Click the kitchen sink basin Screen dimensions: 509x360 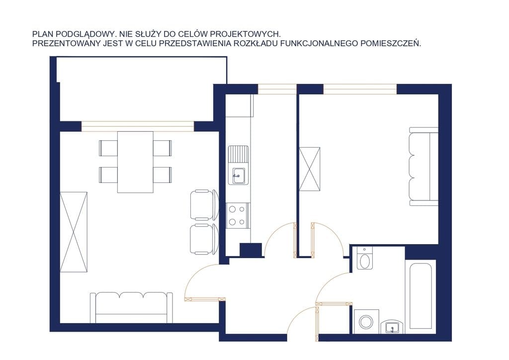coord(238,176)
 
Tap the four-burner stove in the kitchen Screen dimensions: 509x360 coord(237,215)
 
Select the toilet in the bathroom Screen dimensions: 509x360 coord(365,258)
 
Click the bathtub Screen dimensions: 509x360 coord(421,294)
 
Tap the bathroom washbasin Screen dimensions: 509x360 coord(393,327)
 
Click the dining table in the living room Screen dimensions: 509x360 coord(135,162)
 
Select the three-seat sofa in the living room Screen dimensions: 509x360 coord(131,307)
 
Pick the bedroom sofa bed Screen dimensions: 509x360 coord(424,167)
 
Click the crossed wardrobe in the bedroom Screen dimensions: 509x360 coord(309,169)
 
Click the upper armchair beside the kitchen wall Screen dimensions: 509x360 coord(204,205)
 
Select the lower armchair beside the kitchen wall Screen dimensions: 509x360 coord(204,239)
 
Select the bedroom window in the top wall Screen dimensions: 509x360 coord(360,89)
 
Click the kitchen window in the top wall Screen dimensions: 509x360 coord(277,89)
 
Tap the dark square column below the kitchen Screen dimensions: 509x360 coord(251,250)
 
